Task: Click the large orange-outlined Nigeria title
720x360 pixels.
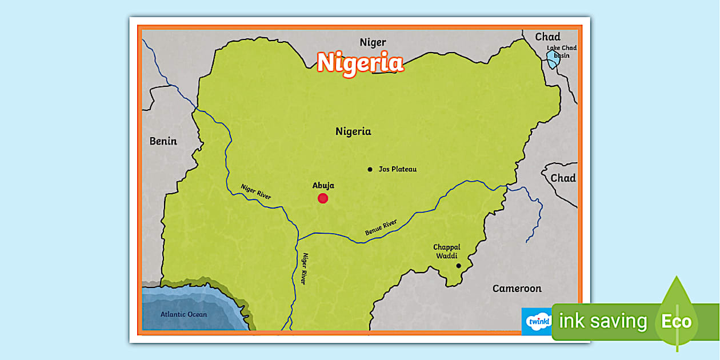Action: (361, 62)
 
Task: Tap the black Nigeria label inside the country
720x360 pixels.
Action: (353, 131)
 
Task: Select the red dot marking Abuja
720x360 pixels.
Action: (323, 198)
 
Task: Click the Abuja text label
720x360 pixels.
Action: (323, 185)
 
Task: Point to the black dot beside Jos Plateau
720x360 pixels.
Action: (370, 169)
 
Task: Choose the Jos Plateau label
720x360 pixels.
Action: (398, 169)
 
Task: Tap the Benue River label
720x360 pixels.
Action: (381, 227)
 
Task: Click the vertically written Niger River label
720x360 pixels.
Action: (305, 269)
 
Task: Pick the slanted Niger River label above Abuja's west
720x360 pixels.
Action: (255, 191)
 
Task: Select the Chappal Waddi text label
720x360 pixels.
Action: (446, 251)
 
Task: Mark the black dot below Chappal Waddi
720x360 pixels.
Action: (458, 266)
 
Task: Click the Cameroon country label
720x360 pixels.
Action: (517, 289)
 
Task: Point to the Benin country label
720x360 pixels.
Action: (163, 141)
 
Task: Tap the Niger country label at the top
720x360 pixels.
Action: (373, 42)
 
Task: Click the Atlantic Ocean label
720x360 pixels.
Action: (183, 314)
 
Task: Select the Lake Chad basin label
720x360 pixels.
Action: (562, 52)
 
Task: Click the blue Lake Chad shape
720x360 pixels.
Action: (552, 59)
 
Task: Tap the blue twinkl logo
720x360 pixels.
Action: (537, 322)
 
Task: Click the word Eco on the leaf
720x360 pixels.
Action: (677, 321)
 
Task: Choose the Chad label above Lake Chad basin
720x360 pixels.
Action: (547, 37)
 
